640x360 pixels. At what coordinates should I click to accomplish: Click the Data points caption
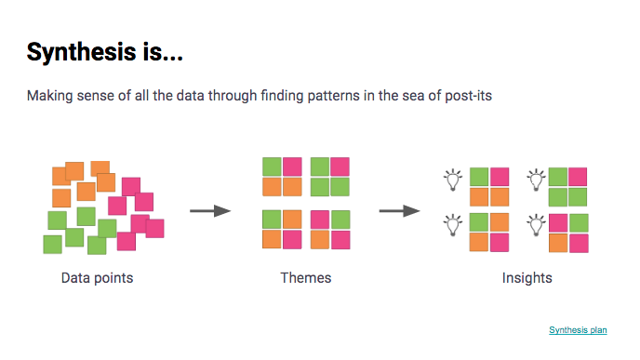[x=97, y=277]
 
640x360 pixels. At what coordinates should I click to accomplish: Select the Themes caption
[x=305, y=277]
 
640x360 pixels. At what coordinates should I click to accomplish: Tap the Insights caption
[x=527, y=277]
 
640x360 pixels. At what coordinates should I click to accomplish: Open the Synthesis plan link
[x=578, y=329]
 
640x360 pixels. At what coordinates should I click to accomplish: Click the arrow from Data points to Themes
[x=209, y=211]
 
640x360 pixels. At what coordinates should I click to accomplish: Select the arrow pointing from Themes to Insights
[x=398, y=211]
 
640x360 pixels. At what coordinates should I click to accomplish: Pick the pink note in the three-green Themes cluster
[x=340, y=167]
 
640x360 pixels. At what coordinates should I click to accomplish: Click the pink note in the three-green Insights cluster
[x=578, y=177]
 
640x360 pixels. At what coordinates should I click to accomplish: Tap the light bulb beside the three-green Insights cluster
[x=536, y=179]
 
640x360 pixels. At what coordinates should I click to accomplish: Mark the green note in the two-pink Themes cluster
[x=340, y=220]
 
